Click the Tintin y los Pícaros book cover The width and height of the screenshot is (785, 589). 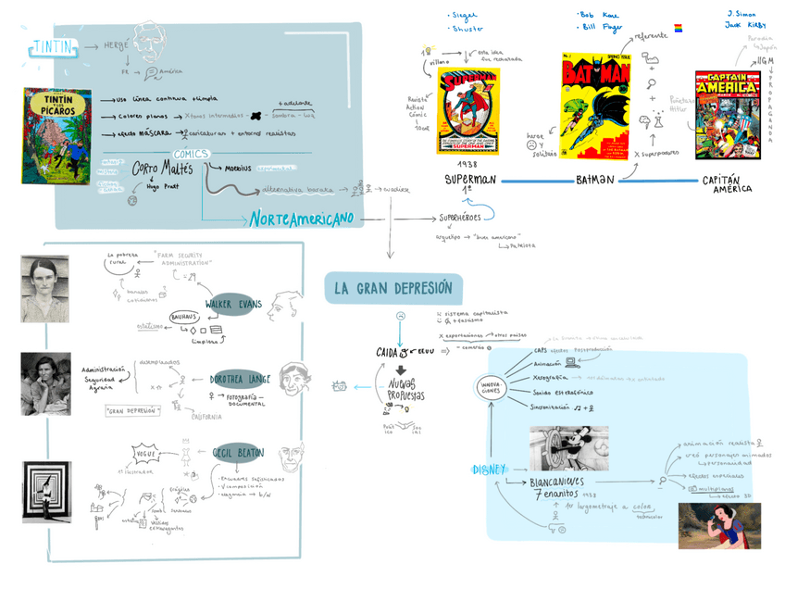click(x=57, y=136)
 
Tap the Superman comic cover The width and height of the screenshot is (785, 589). click(x=468, y=110)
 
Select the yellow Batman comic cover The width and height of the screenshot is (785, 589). click(x=596, y=106)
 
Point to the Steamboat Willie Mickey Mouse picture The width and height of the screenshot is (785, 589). click(x=568, y=448)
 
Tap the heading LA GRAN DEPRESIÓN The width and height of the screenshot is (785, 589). click(x=393, y=288)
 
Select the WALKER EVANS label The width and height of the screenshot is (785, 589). click(x=232, y=304)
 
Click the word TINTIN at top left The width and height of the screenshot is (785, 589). click(x=51, y=46)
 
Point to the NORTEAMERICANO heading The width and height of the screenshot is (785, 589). click(x=301, y=219)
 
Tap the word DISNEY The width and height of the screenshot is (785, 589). click(x=489, y=470)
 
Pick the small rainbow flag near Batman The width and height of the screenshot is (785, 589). click(x=678, y=28)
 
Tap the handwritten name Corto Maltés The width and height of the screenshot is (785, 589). click(x=163, y=169)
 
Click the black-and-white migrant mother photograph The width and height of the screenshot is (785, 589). click(x=45, y=382)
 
